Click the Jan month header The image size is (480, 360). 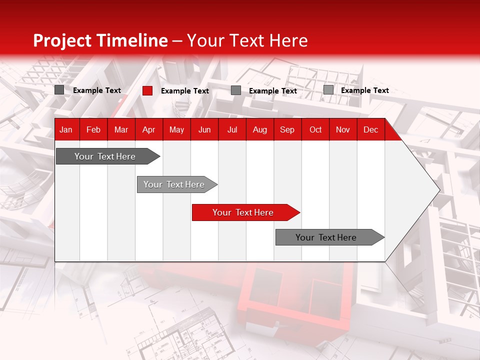coord(66,129)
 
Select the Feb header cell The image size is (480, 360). coord(93,129)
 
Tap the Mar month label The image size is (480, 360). coord(121,129)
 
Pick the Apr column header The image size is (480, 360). coord(148,129)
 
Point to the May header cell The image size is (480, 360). coord(176,129)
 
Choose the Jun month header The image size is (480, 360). coord(204,129)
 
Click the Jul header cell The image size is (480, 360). coord(232,129)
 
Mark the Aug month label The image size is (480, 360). coord(259,129)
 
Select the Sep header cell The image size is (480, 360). coord(287,129)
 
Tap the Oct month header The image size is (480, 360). coord(315,129)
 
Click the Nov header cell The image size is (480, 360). coord(343,129)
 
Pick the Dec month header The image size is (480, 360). coord(370,129)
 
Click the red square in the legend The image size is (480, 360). coord(147,90)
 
